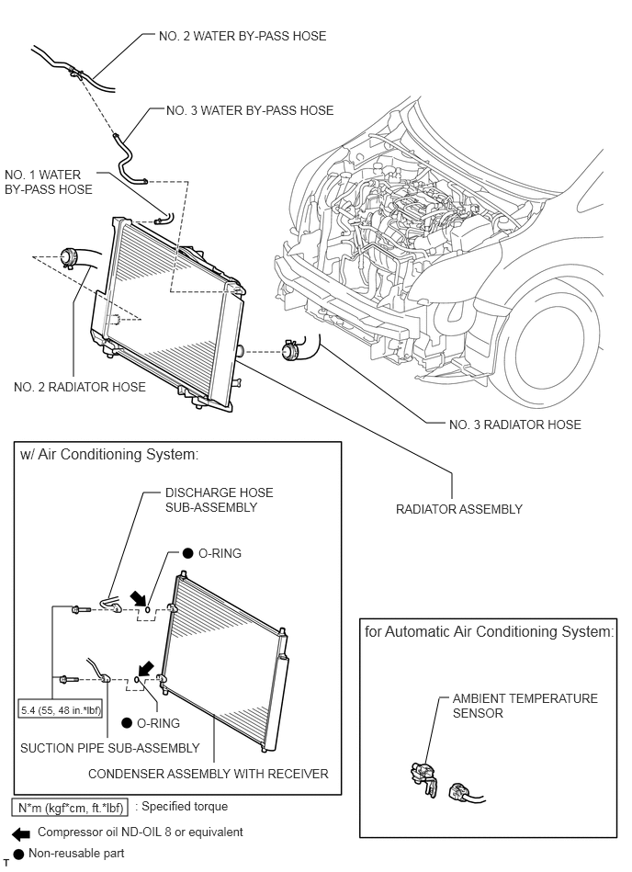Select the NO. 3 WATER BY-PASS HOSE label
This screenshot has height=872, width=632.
click(249, 110)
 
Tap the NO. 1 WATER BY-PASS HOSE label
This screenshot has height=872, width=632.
click(49, 182)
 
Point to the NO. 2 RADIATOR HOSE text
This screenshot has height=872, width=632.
click(80, 387)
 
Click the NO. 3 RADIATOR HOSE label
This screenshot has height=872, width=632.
click(514, 425)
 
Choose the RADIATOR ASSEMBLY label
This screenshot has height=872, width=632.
click(458, 509)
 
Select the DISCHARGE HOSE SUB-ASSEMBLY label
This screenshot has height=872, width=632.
click(219, 500)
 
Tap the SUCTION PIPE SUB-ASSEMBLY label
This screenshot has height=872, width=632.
click(109, 748)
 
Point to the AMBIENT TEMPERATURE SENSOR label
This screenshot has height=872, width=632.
click(525, 706)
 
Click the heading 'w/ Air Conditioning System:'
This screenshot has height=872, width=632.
click(108, 454)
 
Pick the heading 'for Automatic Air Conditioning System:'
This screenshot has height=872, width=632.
click(489, 632)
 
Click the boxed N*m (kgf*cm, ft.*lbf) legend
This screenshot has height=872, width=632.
click(70, 808)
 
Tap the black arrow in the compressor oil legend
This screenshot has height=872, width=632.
click(19, 832)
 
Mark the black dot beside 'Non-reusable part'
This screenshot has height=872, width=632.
click(18, 854)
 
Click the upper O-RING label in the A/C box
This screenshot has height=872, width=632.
click(219, 553)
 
